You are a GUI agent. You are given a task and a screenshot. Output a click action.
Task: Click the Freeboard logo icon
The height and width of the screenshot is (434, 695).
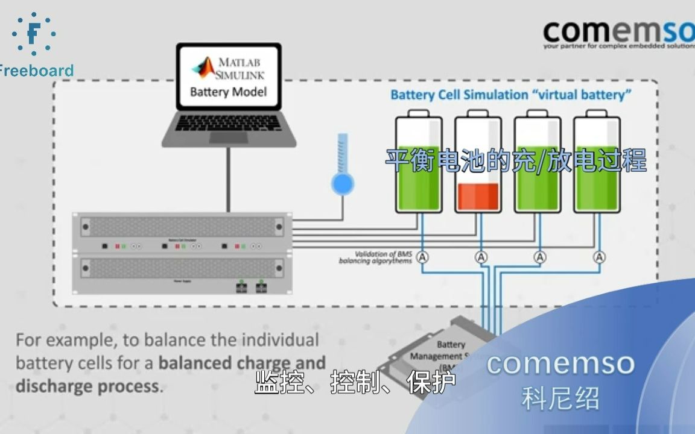point(34,33)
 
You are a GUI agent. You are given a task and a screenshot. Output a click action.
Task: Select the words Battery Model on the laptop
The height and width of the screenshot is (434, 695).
point(228,92)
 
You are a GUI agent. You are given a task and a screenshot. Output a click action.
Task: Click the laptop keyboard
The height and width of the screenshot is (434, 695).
point(229,123)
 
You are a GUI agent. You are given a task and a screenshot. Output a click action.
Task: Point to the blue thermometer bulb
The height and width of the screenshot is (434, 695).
point(342,184)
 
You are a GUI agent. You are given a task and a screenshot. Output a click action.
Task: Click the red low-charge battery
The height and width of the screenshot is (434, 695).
point(478,163)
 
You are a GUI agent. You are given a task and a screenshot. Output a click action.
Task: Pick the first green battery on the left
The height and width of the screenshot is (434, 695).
point(419,163)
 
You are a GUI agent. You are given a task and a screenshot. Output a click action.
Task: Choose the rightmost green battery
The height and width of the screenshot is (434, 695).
point(597,163)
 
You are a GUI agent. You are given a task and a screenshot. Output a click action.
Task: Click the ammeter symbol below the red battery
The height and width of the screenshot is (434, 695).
point(481,257)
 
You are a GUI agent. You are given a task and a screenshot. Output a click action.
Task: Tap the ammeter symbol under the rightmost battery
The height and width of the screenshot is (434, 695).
point(599,257)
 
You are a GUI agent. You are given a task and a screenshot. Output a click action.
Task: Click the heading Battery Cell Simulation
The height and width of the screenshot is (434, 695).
point(459,95)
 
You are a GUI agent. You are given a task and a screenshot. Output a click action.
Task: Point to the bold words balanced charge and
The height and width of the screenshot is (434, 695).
point(242,363)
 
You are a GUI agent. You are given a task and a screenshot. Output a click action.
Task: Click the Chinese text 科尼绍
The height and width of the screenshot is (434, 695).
point(560,398)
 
